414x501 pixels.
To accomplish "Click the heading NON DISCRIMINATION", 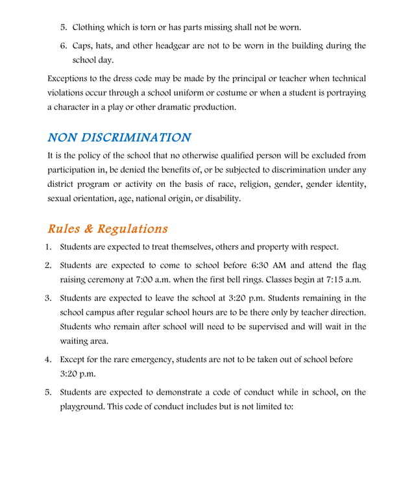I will pyautogui.click(x=119, y=138).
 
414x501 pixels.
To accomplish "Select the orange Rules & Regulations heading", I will pyautogui.click(x=108, y=229).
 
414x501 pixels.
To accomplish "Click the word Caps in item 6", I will pyautogui.click(x=83, y=45).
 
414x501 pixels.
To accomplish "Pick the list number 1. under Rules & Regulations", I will pyautogui.click(x=49, y=247).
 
